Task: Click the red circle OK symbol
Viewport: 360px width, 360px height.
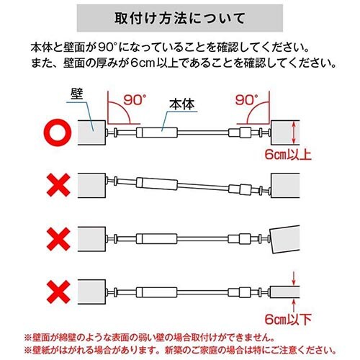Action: [58, 132]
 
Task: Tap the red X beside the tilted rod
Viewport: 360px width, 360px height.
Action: [58, 185]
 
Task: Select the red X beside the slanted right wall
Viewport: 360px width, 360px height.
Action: [58, 239]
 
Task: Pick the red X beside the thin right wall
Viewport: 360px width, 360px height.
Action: [58, 292]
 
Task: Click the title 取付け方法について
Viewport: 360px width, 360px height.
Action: [180, 18]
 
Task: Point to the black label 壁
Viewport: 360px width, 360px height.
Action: [77, 94]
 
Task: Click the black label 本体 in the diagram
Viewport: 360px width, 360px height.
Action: [181, 104]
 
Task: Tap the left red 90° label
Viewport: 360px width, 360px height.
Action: [135, 99]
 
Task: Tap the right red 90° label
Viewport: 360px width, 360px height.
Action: [247, 99]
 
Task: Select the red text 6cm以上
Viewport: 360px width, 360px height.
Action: [288, 155]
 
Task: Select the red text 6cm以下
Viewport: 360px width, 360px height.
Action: [288, 319]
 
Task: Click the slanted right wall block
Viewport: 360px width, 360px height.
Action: [285, 239]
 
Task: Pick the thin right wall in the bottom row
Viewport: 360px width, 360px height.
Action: [285, 292]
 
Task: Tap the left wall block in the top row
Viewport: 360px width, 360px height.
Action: [91, 132]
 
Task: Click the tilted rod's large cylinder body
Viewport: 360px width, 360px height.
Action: [157, 184]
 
